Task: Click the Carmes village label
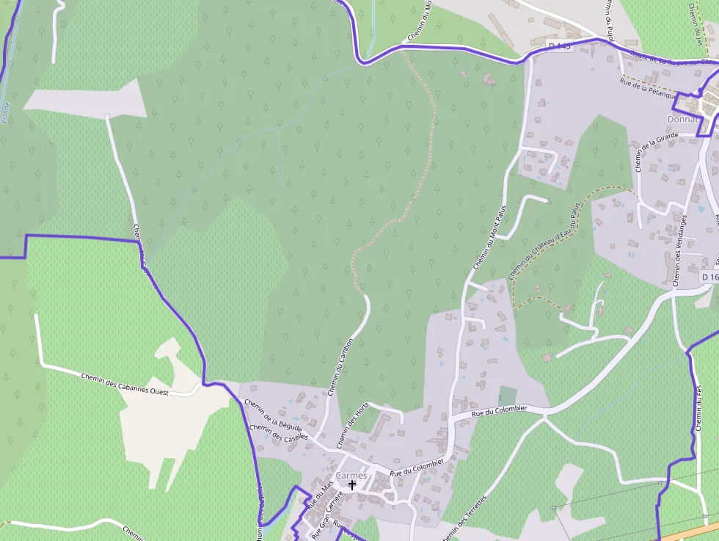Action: point(351,476)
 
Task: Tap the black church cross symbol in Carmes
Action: point(352,485)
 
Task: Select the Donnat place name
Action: point(681,119)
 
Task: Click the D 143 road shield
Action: point(560,46)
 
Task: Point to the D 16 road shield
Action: point(709,277)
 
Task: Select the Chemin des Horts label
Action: point(352,426)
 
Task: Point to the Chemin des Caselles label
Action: point(278,433)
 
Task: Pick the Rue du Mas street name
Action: point(320,495)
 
